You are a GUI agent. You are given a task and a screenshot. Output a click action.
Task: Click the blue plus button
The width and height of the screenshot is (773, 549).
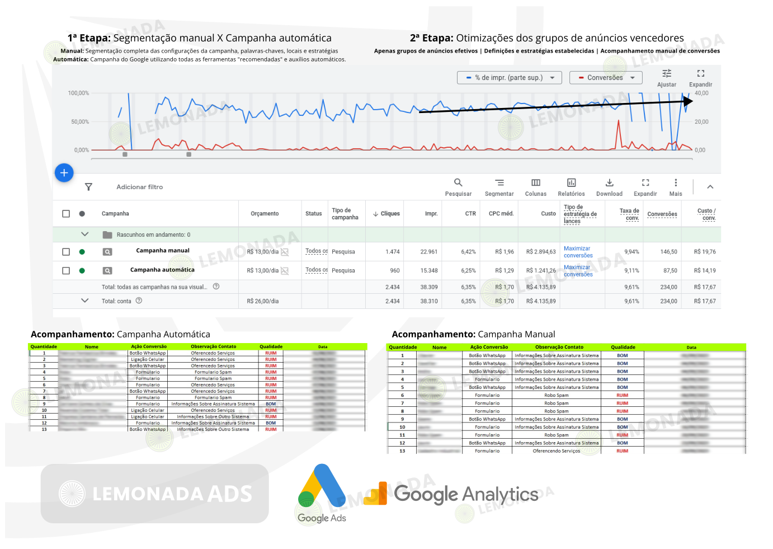[x=64, y=173]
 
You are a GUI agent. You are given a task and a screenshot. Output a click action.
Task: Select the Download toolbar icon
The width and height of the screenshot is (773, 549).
[x=609, y=183]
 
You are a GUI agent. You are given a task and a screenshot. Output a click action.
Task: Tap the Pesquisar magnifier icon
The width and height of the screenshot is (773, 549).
[x=458, y=183]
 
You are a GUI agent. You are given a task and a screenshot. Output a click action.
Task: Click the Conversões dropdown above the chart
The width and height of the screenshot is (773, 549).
[x=606, y=78]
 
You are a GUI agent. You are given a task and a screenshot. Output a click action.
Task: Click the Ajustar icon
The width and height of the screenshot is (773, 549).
[x=667, y=74]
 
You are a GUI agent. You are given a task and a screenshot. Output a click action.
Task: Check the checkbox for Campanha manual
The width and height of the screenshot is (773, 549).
[x=66, y=252]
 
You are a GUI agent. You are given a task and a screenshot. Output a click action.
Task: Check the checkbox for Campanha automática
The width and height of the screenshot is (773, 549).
[x=66, y=271]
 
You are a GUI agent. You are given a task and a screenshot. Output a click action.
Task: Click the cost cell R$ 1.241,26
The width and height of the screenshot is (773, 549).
[x=541, y=271]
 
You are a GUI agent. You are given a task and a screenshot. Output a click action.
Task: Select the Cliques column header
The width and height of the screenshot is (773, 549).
[x=387, y=214]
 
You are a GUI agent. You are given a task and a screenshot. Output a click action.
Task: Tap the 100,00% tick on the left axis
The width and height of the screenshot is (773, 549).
[x=78, y=93]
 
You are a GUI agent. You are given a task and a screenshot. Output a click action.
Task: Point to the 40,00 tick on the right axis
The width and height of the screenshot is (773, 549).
[x=701, y=93]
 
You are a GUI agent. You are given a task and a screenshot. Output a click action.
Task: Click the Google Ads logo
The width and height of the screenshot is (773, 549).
[x=322, y=493]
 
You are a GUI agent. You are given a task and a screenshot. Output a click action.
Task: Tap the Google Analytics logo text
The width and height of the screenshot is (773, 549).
[x=466, y=495]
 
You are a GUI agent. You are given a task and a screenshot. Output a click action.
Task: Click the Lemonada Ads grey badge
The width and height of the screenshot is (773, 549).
[x=155, y=494]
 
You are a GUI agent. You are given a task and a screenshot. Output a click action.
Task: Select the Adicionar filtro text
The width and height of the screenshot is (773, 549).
[x=140, y=187]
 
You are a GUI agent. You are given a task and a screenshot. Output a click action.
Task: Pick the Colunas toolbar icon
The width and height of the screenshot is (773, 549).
[x=536, y=183]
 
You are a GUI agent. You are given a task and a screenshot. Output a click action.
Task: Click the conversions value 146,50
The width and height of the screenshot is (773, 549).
[x=668, y=252]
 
